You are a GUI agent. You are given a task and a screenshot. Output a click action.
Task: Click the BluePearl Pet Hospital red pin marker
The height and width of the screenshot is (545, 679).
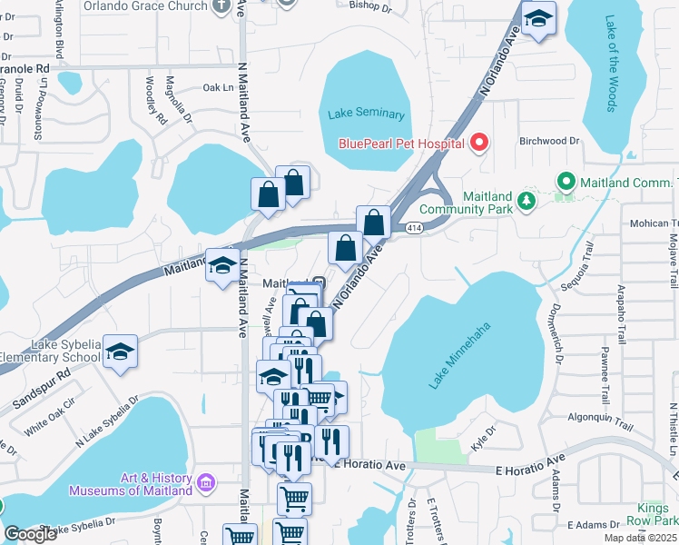click(479, 143)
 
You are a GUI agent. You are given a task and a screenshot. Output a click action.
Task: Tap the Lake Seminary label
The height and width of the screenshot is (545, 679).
click(365, 114)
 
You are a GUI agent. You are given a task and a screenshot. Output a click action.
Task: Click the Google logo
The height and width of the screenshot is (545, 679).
click(30, 534)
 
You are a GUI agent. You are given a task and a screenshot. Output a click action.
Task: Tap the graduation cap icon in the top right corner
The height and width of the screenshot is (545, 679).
click(539, 19)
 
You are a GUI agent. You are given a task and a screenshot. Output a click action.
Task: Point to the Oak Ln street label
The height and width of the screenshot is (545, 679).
click(218, 88)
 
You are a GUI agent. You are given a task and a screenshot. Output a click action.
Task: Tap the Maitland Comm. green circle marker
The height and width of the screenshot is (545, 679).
click(566, 182)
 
